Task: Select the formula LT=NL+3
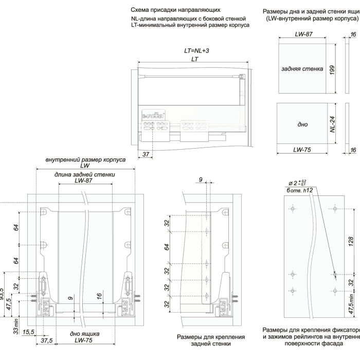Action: tap(195, 51)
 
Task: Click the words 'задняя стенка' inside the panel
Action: tap(302, 68)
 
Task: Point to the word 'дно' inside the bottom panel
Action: tap(302, 124)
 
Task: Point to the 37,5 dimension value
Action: tap(47, 340)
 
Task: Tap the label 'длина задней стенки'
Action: tap(85, 174)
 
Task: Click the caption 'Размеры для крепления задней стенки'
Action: tap(206, 340)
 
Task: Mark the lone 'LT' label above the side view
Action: tap(194, 60)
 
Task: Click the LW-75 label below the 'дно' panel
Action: tap(302, 150)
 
